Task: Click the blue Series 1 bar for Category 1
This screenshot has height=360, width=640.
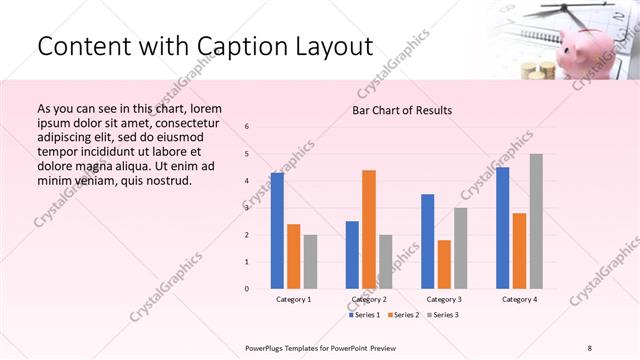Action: (x=277, y=231)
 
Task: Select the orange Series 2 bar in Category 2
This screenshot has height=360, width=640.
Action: (x=369, y=229)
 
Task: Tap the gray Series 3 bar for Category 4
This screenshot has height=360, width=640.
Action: (x=536, y=221)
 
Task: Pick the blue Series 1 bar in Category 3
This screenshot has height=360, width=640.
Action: (x=428, y=241)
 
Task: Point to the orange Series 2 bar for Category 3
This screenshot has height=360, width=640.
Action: (x=444, y=264)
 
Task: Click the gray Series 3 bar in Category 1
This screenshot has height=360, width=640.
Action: (x=311, y=261)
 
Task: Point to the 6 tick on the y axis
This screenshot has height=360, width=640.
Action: (x=247, y=126)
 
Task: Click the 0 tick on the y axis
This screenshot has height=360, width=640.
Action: (x=247, y=289)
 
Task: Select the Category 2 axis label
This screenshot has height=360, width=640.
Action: (x=369, y=299)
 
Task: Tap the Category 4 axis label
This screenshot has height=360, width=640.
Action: (x=519, y=299)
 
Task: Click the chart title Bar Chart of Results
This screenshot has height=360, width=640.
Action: (x=402, y=110)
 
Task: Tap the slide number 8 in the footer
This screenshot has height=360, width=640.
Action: (x=590, y=347)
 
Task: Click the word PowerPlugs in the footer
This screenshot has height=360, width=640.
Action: (x=270, y=347)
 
